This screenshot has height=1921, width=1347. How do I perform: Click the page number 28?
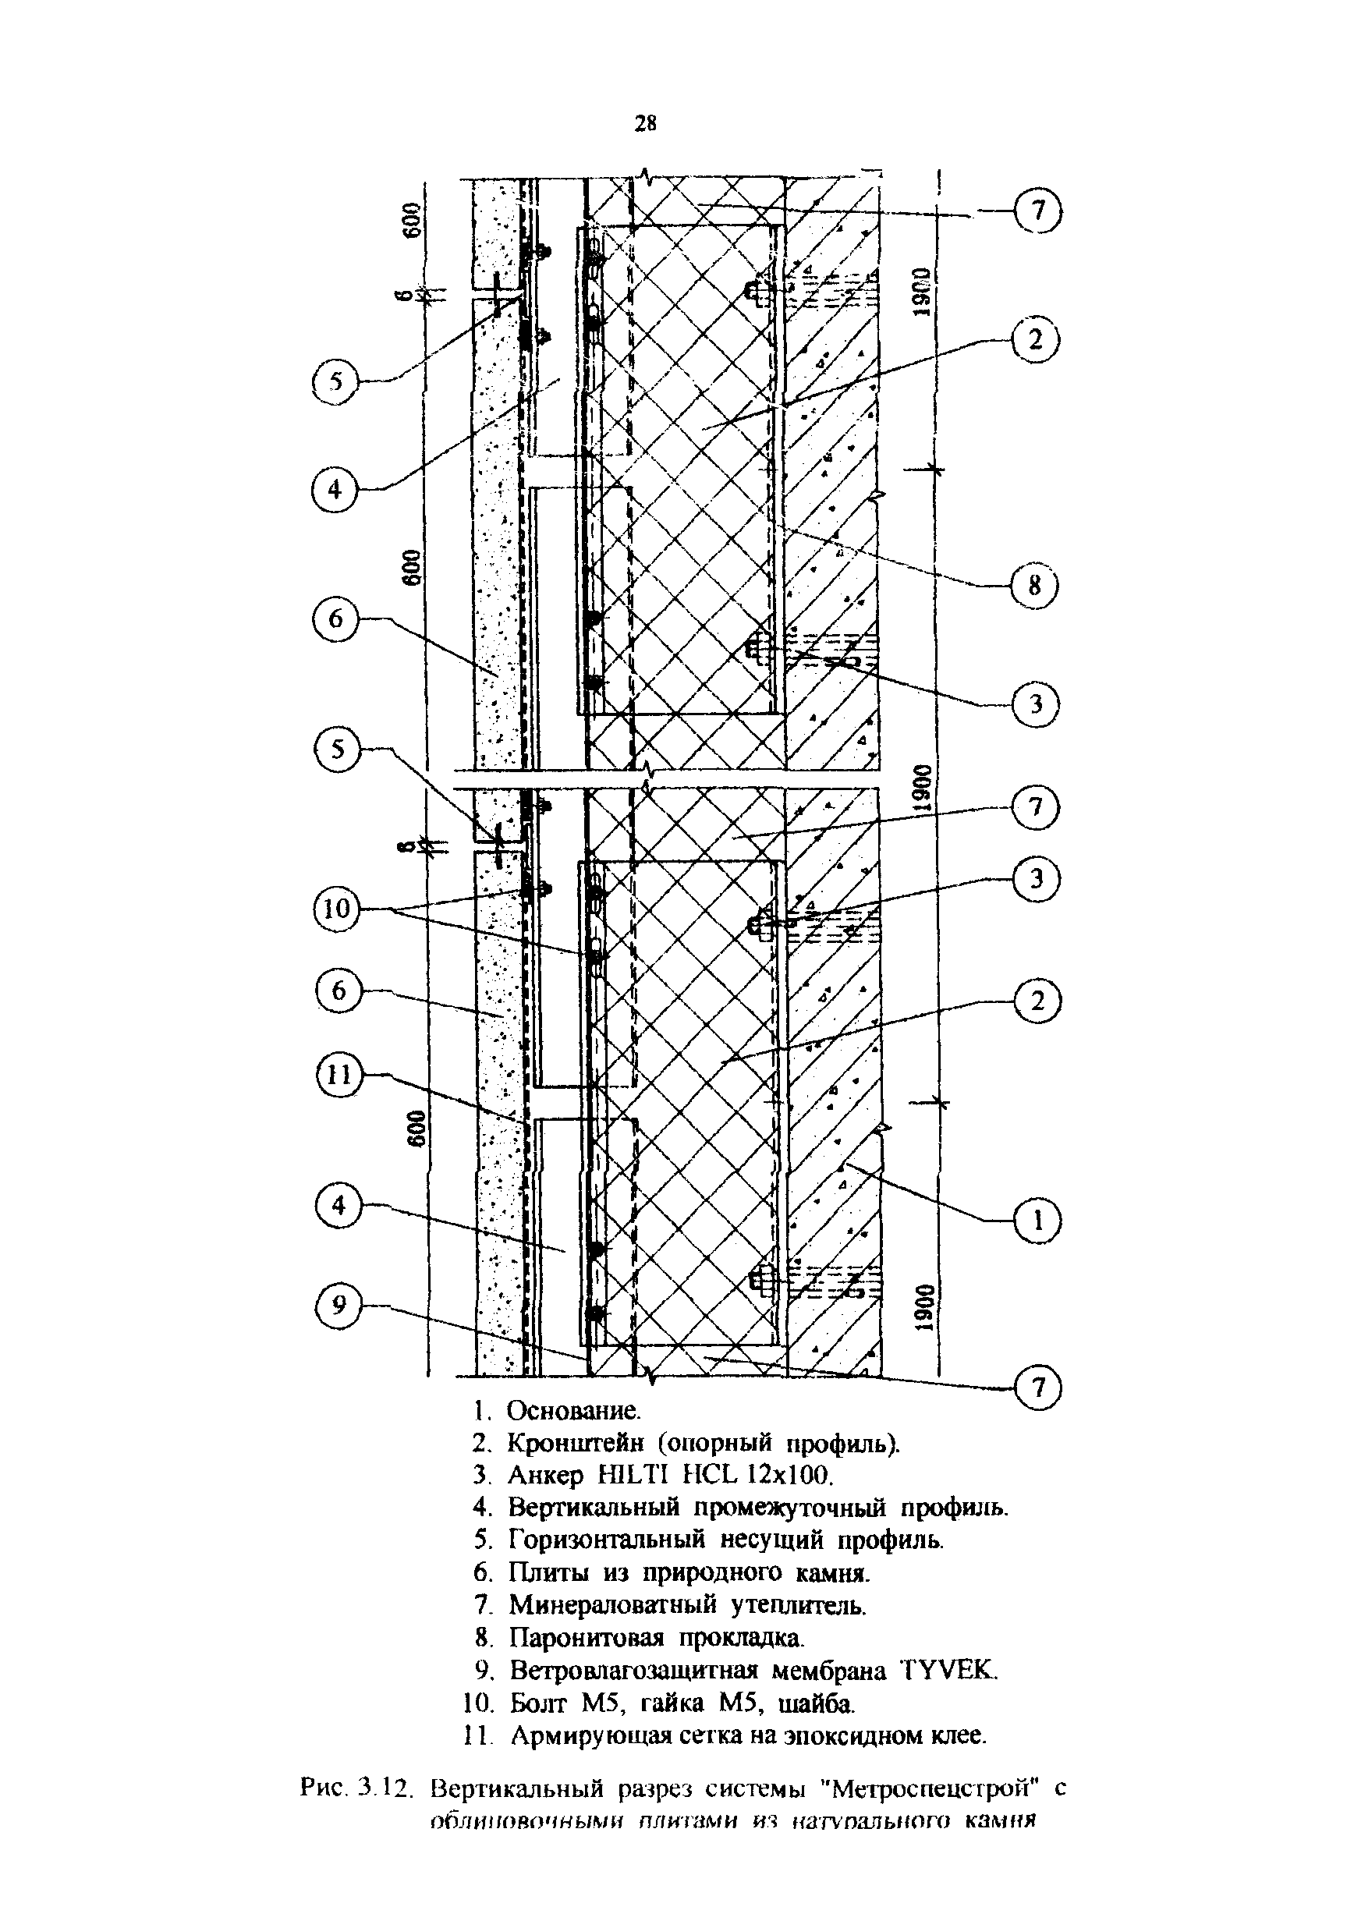point(645,125)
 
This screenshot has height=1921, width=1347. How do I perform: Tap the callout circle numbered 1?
point(1036,1221)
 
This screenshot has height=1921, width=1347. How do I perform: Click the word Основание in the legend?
point(574,1412)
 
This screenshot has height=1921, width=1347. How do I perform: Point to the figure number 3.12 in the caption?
point(386,1791)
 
